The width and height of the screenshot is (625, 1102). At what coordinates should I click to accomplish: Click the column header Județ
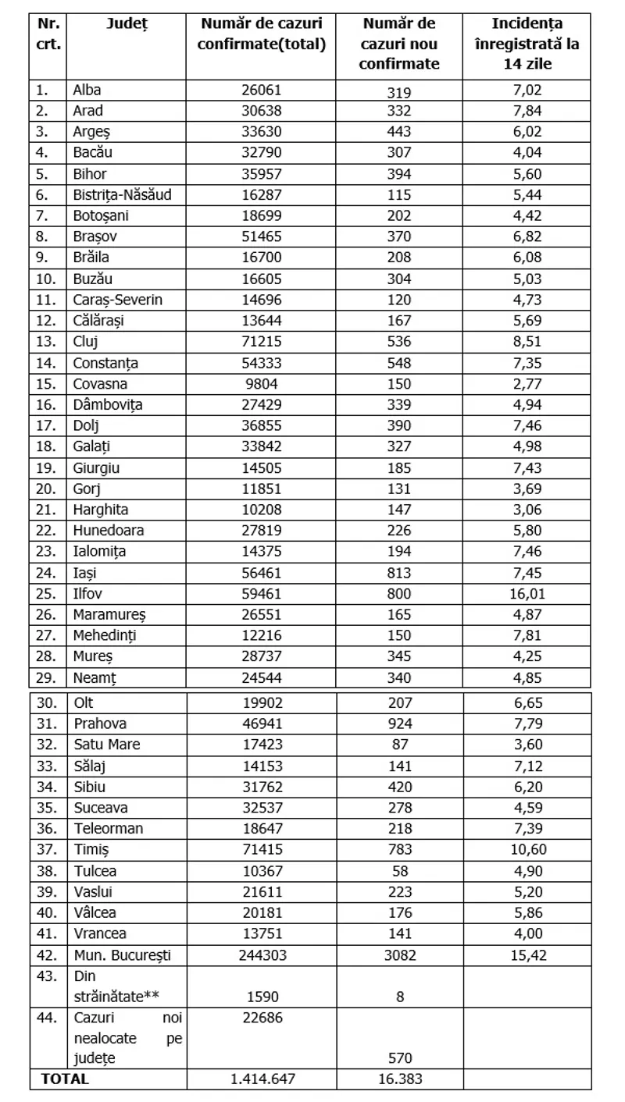pos(127,24)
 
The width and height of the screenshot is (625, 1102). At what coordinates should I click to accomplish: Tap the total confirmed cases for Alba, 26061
pos(261,90)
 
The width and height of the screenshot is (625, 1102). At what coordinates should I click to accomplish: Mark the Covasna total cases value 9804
pos(261,383)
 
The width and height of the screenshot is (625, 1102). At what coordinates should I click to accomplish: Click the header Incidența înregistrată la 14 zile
pos(527,44)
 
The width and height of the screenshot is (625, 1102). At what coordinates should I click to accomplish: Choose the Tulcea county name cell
pos(94,870)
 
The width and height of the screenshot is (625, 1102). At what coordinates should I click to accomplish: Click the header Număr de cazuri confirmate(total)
pos(261,34)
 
